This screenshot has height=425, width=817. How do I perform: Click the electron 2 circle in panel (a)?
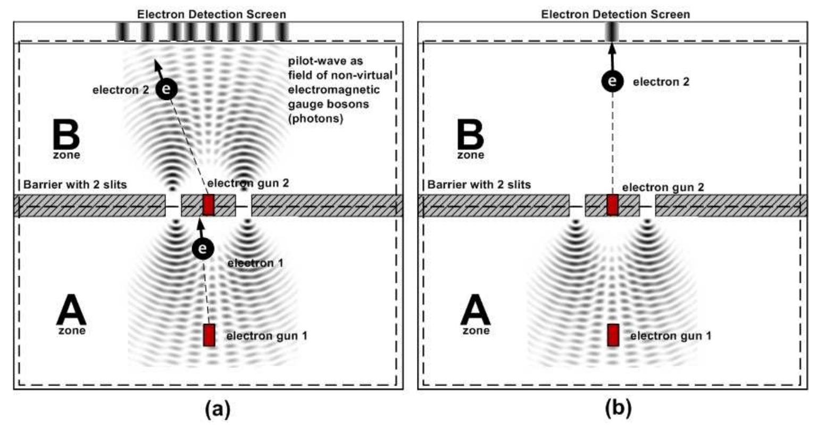pyautogui.click(x=166, y=89)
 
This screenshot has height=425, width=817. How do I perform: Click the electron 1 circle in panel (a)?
pyautogui.click(x=203, y=248)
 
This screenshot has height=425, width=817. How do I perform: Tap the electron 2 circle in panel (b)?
pyautogui.click(x=612, y=81)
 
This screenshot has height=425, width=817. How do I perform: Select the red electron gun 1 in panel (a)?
pyautogui.click(x=209, y=335)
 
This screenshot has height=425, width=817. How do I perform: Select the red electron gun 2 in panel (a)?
pyautogui.click(x=209, y=205)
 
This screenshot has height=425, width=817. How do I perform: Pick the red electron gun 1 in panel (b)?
pyautogui.click(x=613, y=335)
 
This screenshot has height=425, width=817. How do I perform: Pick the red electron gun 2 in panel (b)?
pyautogui.click(x=613, y=205)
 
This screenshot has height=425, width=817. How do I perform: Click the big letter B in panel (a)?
pyautogui.click(x=66, y=135)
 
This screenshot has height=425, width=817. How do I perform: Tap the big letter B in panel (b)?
pyautogui.click(x=470, y=135)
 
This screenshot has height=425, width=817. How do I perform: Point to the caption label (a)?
pyautogui.click(x=218, y=409)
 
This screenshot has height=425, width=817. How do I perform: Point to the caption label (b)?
pyautogui.click(x=619, y=409)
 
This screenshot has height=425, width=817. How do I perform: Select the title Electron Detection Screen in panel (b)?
pyautogui.click(x=615, y=14)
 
